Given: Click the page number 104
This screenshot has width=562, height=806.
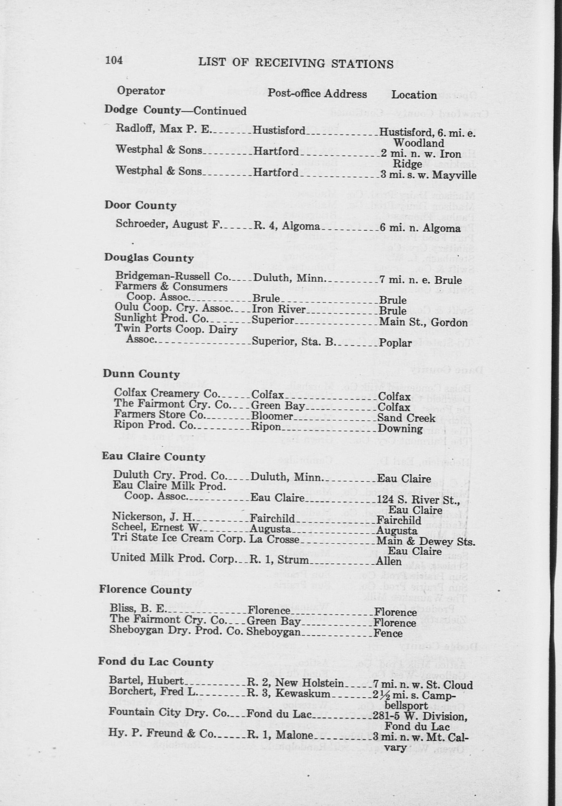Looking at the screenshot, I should [x=114, y=61].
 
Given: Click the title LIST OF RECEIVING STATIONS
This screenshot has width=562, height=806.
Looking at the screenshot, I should [x=296, y=64].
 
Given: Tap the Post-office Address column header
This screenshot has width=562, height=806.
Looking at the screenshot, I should [x=317, y=94].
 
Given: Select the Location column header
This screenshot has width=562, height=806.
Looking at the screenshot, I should [x=414, y=95].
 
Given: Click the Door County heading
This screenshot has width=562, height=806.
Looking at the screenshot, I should [x=140, y=205].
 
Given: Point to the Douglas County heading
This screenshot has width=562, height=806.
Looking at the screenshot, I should [x=149, y=258].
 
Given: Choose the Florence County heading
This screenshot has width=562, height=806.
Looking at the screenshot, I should [x=145, y=589].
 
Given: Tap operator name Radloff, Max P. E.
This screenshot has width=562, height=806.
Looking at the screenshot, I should [x=163, y=129].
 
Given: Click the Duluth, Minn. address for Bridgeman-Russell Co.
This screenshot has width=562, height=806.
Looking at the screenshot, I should [x=288, y=279].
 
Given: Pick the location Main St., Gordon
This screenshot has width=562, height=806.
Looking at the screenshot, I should [x=423, y=322].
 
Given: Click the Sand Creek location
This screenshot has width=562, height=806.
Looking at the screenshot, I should [x=406, y=418].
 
